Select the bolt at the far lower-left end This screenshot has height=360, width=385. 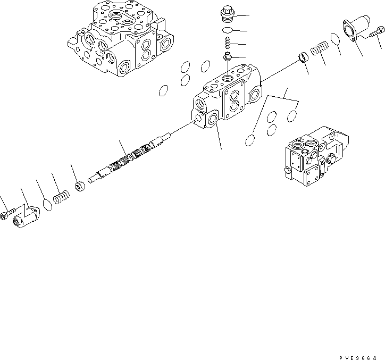tap(6, 215)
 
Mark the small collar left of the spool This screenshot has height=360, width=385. tap(81, 187)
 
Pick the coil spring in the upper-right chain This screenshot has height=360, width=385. tap(317, 49)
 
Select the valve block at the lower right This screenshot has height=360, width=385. tap(313, 155)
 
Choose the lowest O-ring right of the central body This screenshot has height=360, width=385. tap(250, 140)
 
